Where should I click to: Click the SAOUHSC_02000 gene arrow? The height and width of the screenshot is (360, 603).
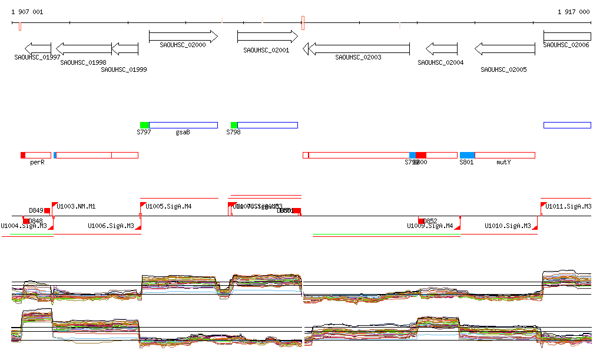coord(183,37)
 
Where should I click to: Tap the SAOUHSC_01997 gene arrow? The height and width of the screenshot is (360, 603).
coord(38,48)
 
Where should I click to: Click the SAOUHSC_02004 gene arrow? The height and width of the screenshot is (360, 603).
coord(441,48)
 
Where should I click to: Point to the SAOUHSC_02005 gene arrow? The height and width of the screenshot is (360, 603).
coord(505,48)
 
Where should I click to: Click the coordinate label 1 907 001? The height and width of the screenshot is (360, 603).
coord(27,12)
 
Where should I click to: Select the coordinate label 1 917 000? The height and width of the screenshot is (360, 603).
coord(574,12)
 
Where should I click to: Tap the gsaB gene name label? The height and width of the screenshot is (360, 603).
coord(183,133)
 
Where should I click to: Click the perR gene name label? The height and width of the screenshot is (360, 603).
coord(37,162)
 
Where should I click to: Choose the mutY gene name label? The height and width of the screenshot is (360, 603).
coord(503,162)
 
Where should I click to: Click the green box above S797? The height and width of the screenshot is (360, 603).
coord(145,125)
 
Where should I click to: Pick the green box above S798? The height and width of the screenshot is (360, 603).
coord(234,125)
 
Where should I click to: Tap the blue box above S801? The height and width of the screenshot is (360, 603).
coord(467,155)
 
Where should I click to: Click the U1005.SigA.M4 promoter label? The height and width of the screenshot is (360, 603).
coord(168,207)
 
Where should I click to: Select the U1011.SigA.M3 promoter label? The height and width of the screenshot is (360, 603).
coord(568,207)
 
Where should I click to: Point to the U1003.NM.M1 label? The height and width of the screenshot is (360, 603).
coord(76,207)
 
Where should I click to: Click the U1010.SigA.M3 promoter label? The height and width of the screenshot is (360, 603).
coord(508,226)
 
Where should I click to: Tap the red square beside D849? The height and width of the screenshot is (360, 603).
coord(47,210)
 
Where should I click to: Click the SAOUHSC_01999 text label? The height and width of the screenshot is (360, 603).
coord(124,70)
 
